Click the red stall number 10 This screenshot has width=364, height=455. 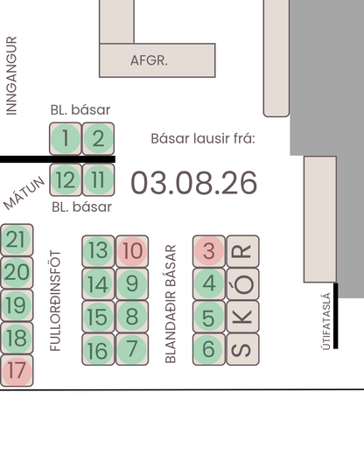point(132,251)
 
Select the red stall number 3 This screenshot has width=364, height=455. point(209,251)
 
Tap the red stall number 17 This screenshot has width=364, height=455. point(17,371)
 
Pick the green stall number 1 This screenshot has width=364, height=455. point(66,138)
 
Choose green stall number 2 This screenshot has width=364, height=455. point(98,138)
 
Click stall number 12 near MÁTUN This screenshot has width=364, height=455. point(66,179)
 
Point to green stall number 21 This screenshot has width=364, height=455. point(17,240)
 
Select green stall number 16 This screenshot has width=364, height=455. point(98,349)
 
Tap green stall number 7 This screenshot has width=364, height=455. point(132,349)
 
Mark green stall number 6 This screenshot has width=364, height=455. point(209,349)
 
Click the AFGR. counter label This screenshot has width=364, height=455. point(149,60)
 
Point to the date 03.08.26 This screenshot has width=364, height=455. point(194,183)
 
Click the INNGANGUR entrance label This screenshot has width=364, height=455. point(11,76)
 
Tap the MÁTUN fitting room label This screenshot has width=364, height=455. point(24,193)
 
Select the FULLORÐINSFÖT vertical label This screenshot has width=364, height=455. point(55,301)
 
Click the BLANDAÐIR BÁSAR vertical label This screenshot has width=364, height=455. point(171,304)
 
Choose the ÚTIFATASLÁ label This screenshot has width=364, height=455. point(326,321)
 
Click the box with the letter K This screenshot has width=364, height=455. point(243,317)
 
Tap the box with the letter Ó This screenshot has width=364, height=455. point(243,283)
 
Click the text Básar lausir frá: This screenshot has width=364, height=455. point(203,138)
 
